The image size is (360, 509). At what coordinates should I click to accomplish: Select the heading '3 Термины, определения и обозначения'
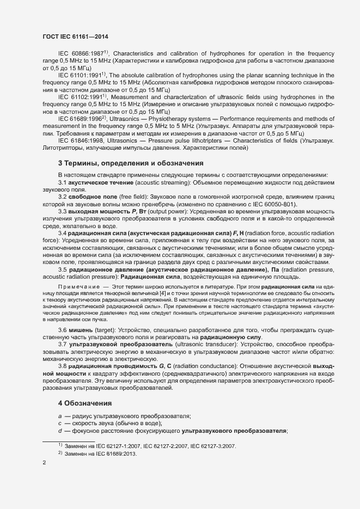pyautogui.click(x=131, y=163)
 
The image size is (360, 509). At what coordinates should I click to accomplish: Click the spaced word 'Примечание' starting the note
pyautogui.click(x=80, y=286)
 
